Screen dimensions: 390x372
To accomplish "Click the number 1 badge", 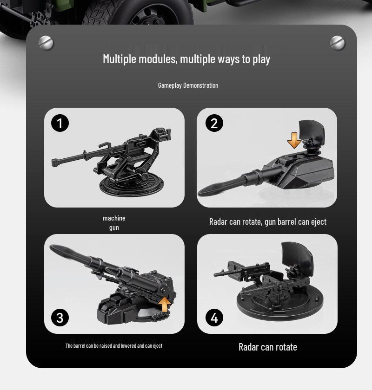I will click(x=60, y=123).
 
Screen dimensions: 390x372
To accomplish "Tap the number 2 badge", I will click(x=214, y=123).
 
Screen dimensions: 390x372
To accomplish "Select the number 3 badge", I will click(x=60, y=318).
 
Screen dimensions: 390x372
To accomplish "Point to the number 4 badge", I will click(x=214, y=318).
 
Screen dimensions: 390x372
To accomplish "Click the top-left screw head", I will click(x=46, y=43).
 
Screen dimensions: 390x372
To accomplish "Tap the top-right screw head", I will click(x=338, y=43).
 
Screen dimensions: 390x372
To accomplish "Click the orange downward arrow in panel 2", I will click(x=294, y=140).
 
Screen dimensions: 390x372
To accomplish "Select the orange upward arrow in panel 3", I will click(x=165, y=304).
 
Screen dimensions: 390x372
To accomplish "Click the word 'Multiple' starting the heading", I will click(x=120, y=59).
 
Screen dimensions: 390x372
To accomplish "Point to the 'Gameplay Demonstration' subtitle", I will click(x=188, y=85).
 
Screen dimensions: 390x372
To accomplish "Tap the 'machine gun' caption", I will click(x=114, y=223).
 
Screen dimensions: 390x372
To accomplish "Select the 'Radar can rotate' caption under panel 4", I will click(x=267, y=347).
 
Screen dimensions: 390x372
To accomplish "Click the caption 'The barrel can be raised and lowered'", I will click(x=114, y=346).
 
